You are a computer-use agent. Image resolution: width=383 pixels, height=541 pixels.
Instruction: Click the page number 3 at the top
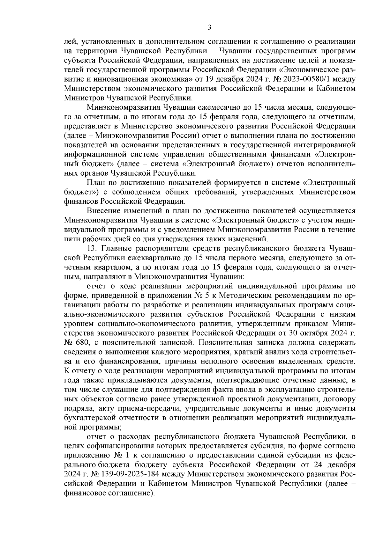pos(209,28)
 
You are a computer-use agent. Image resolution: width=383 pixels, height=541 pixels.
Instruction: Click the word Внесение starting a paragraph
pos(103,210)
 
